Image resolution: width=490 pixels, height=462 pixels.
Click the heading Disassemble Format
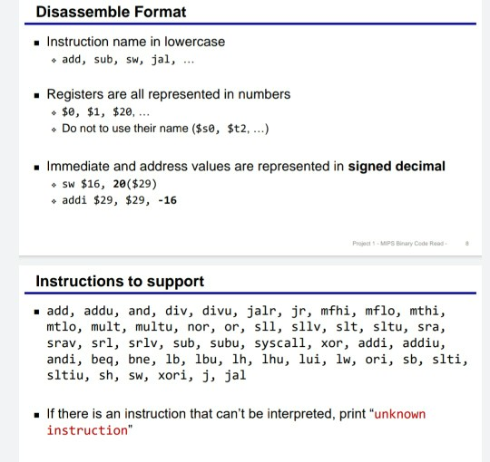[111, 12]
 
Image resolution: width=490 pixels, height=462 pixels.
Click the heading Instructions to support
[120, 281]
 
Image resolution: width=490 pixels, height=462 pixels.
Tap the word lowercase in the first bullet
[194, 42]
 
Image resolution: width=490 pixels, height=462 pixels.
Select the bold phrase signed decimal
[397, 167]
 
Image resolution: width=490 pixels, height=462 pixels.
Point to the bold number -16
[168, 200]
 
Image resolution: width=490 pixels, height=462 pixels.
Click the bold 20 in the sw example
[119, 184]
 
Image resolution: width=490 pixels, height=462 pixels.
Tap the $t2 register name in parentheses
[237, 129]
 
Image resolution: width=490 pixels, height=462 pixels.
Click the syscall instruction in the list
[279, 343]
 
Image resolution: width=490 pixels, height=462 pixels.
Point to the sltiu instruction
[65, 375]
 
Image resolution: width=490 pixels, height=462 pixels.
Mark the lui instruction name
[309, 359]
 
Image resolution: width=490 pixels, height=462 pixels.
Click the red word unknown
[400, 414]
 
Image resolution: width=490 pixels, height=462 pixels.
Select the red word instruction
[87, 430]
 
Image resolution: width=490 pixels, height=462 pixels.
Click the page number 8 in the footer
[467, 244]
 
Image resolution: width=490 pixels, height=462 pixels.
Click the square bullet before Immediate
[37, 168]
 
